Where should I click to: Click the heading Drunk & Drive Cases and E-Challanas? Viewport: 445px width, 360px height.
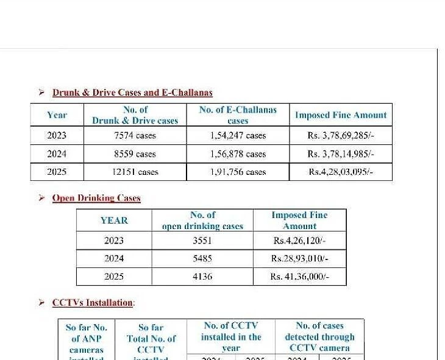[x=132, y=93]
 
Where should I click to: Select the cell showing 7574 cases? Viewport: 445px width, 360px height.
[x=135, y=135]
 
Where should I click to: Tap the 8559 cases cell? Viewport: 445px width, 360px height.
[x=135, y=154]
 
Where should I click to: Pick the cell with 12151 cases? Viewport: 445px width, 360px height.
[x=135, y=172]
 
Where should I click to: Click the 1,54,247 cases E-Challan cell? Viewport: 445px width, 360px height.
[x=238, y=135]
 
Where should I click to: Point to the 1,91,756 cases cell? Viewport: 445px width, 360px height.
[x=238, y=172]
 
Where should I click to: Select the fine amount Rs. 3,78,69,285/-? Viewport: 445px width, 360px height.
[x=340, y=135]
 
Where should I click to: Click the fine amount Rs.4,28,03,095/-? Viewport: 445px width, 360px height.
[x=340, y=172]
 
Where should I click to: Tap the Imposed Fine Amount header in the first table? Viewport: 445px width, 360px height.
[x=340, y=115]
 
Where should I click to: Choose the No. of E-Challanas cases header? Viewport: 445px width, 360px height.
[x=238, y=115]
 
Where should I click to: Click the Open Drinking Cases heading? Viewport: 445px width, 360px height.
[x=96, y=198]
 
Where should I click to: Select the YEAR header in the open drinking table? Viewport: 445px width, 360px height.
[x=114, y=221]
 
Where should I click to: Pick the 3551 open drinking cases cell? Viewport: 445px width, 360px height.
[x=202, y=241]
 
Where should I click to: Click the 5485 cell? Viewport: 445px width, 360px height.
[x=202, y=258]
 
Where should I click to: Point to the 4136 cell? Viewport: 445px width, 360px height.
[x=202, y=277]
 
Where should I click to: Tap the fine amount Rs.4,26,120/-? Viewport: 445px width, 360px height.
[x=299, y=241]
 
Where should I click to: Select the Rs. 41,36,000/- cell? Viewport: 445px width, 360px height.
[x=299, y=277]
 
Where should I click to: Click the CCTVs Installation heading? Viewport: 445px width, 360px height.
[x=93, y=303]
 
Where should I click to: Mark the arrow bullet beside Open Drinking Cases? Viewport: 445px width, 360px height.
[x=41, y=198]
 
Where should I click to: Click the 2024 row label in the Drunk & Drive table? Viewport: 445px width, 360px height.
[x=57, y=154]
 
